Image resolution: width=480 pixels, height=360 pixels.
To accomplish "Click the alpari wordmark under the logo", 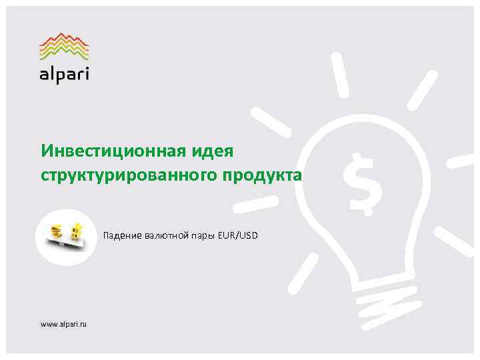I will point(64,72).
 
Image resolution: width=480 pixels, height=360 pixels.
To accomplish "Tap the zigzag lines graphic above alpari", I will point(64,45).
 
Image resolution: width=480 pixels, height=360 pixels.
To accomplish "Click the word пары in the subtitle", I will point(193,236).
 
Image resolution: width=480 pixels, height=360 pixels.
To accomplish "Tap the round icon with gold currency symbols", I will point(67,236).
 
